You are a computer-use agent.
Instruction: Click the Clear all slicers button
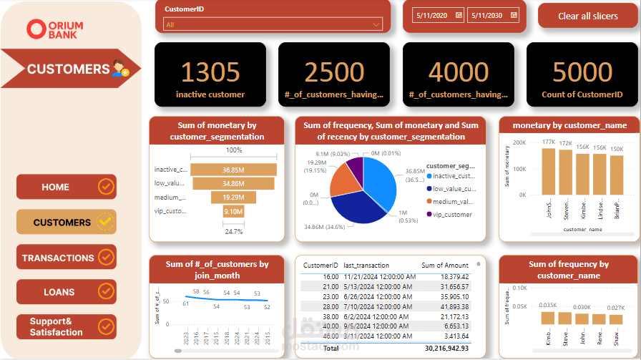tap(587, 16)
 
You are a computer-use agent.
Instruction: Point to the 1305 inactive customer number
tap(210, 72)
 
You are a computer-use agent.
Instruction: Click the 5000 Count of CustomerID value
tap(582, 72)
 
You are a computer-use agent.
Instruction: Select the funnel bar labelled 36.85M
tap(233, 170)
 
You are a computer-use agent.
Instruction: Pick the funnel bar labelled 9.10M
tap(233, 211)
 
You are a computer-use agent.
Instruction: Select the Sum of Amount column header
tap(445, 265)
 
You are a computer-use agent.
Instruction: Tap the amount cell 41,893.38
tap(445, 306)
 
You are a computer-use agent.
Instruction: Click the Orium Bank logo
tap(55, 29)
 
